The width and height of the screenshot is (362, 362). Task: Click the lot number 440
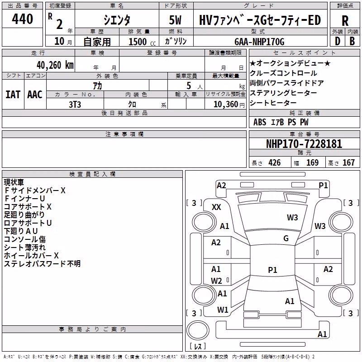point(22,19)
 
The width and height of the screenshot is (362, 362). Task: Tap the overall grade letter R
point(345,21)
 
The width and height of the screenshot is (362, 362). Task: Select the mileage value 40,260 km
point(55,65)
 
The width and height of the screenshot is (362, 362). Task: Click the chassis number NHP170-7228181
point(304,143)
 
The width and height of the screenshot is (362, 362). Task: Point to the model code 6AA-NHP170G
point(259,42)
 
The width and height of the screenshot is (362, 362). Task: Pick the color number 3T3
point(75,105)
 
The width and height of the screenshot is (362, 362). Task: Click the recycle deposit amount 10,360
point(226,105)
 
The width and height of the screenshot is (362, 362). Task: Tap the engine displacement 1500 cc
point(142,42)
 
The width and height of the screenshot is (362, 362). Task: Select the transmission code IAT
point(13,95)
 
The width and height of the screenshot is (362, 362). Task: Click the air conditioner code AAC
point(35,95)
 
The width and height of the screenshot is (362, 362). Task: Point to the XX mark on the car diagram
point(216,207)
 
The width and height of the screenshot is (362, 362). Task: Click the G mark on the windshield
point(286,238)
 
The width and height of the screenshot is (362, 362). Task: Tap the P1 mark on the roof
point(272,270)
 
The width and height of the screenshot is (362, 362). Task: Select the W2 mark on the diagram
point(216,281)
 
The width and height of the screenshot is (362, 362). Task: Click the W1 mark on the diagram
point(223,310)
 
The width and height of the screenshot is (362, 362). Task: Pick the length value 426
point(275,162)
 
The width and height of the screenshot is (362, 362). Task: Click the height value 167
point(348,162)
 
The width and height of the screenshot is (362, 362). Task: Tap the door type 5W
point(175,20)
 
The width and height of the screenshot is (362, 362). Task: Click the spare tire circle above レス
point(198,330)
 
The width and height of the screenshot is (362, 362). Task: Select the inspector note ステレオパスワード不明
point(42,263)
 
